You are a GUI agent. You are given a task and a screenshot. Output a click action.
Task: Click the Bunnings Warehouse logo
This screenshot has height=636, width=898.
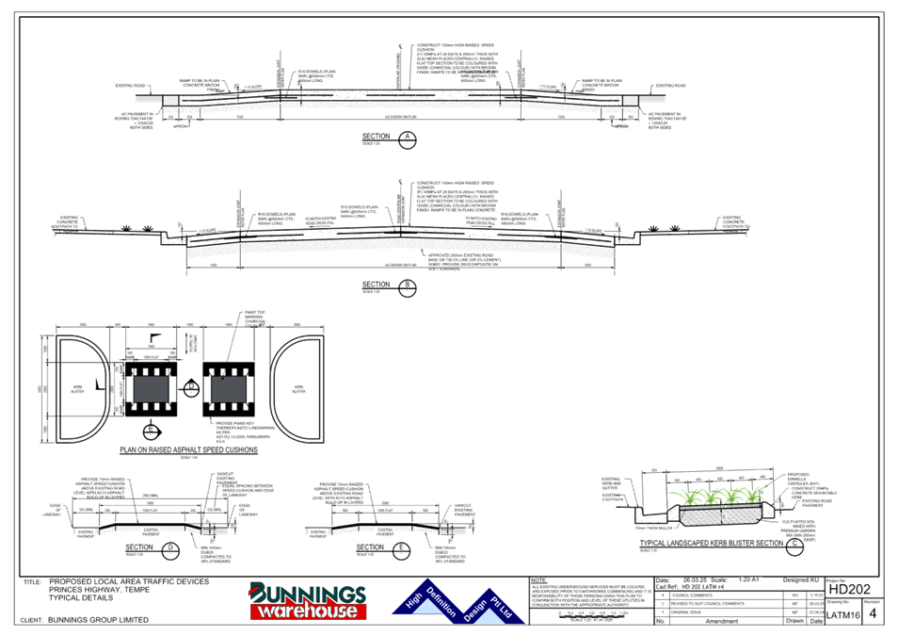(x=307, y=601)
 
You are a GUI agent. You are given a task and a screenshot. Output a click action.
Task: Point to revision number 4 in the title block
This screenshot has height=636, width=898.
(x=875, y=612)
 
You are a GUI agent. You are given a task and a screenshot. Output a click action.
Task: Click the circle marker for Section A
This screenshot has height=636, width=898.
(x=407, y=139)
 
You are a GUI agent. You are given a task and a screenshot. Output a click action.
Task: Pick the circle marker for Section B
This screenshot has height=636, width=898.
(x=407, y=285)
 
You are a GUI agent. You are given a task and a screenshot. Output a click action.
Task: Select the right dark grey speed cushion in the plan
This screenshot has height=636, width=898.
(x=230, y=387)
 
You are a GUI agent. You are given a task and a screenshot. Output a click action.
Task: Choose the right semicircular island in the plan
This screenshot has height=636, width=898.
(x=299, y=387)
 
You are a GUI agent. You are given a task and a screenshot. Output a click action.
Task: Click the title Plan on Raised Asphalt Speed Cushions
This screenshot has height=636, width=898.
(x=188, y=450)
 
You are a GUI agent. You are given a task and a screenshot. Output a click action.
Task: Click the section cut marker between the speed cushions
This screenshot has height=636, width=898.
(x=191, y=386)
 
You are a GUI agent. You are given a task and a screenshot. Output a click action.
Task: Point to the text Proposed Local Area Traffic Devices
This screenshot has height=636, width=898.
(x=128, y=582)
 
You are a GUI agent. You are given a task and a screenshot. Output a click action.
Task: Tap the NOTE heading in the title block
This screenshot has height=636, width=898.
(x=538, y=580)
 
